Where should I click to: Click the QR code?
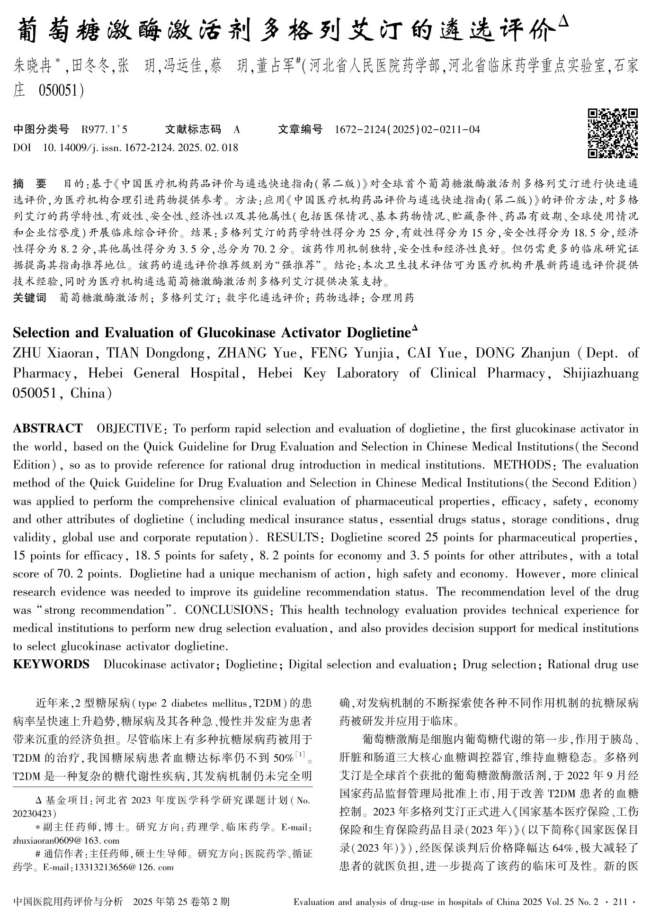click(x=613, y=133)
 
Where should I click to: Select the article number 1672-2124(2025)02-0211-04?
click(x=407, y=129)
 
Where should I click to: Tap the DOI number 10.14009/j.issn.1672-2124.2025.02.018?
click(x=141, y=147)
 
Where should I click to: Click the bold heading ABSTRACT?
click(x=47, y=429)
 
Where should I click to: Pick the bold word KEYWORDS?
click(x=51, y=664)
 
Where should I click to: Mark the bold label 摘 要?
click(x=30, y=183)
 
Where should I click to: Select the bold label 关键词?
click(x=30, y=297)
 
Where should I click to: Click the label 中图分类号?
click(x=41, y=129)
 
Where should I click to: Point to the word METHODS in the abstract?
click(x=522, y=465)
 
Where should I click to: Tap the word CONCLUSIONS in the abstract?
click(x=227, y=610)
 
